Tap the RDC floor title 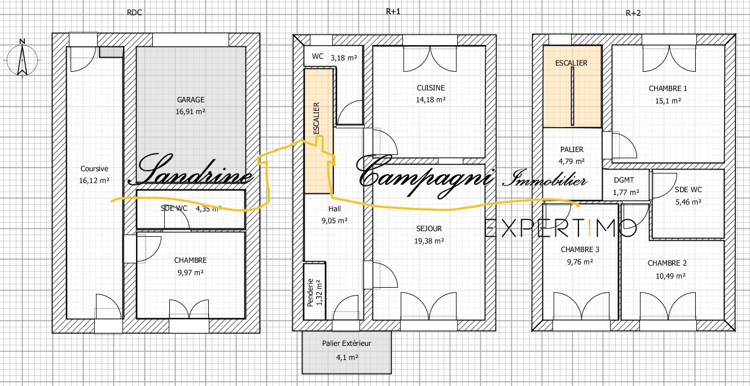click(134, 13)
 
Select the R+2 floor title click(633, 13)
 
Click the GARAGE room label click(191, 99)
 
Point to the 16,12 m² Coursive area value click(94, 180)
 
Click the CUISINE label click(431, 88)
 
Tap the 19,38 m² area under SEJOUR click(429, 241)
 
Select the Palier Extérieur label click(347, 344)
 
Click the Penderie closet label click(310, 292)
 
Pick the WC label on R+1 click(317, 57)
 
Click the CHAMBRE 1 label click(668, 89)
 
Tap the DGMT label click(624, 180)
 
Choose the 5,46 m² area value click(688, 202)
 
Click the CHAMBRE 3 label click(580, 249)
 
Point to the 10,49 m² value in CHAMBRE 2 click(670, 276)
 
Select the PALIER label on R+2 click(572, 149)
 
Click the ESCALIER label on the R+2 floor click(571, 63)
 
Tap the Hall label click(335, 209)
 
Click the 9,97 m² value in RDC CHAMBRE click(191, 272)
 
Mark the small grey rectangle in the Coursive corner click(112, 52)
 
